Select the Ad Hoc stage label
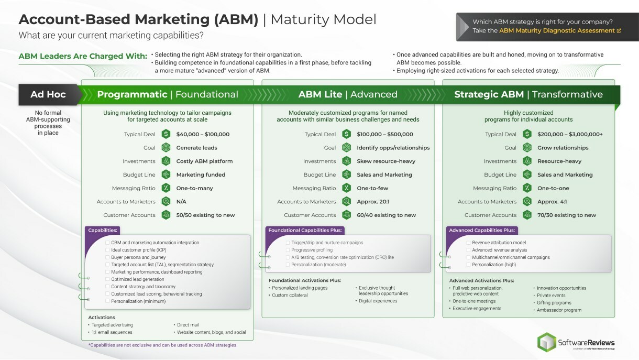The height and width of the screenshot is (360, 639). coord(48,94)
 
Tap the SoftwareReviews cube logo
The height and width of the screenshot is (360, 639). coord(547,342)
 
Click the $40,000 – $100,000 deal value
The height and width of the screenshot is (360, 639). coord(203,134)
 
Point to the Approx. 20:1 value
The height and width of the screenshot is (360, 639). coord(373,202)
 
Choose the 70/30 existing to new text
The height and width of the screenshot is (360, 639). coord(566,215)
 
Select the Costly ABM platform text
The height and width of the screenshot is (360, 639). coord(204,161)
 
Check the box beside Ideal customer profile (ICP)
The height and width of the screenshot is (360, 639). coord(107,250)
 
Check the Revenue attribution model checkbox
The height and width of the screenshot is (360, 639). coord(468,243)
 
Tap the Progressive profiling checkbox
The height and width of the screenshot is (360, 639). coord(288,250)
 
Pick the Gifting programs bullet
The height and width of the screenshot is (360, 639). coord(554,303)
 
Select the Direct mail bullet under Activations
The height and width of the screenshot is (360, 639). coord(188,325)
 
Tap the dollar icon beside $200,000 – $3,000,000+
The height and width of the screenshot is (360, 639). coord(527,134)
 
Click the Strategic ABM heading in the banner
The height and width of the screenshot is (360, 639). coord(489,94)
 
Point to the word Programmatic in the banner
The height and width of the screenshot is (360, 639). coord(132,94)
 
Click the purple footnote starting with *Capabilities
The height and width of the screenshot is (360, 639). coord(162,345)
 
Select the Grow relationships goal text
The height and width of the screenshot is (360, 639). coord(563,148)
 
